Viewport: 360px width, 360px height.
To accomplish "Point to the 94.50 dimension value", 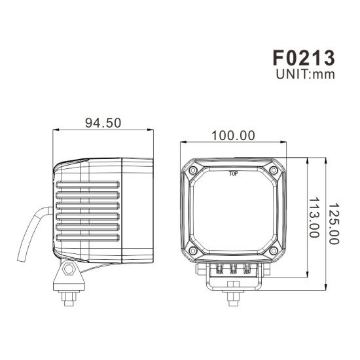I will [x=103, y=123].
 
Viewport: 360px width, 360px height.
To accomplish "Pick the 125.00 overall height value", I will [x=334, y=223].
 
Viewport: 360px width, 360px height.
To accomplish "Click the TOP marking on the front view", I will [x=234, y=174].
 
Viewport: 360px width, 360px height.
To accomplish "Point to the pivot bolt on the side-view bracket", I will [x=69, y=271].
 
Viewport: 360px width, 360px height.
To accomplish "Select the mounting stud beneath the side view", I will [x=67, y=297].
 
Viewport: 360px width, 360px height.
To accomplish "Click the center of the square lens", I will [x=234, y=213].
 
